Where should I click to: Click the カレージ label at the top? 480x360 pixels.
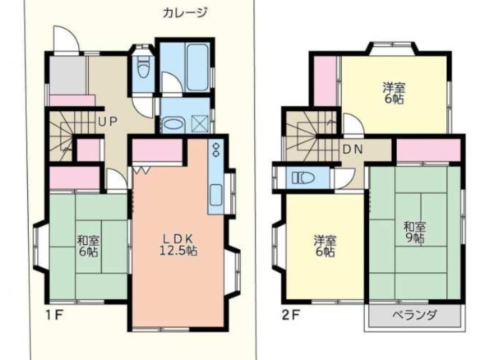[185, 12]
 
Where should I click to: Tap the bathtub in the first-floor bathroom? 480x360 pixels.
[197, 67]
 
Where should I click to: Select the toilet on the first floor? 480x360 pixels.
[143, 68]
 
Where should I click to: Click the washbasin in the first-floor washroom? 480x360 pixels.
[172, 125]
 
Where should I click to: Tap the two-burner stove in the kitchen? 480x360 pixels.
[216, 149]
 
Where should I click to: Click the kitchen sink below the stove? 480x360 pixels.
[216, 196]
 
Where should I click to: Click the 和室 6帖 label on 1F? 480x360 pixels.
[89, 246]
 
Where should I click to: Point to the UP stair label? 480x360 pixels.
[108, 122]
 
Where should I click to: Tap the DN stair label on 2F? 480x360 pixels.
[353, 150]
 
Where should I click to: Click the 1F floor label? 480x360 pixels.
[54, 315]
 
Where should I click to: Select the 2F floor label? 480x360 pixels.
[291, 315]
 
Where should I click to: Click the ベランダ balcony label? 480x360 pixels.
[415, 315]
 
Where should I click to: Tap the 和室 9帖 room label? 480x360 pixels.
[414, 233]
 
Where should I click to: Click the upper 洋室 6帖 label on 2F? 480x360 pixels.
[394, 93]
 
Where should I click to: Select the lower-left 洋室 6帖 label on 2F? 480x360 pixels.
[325, 246]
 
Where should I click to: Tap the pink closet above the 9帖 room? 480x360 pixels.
[428, 150]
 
